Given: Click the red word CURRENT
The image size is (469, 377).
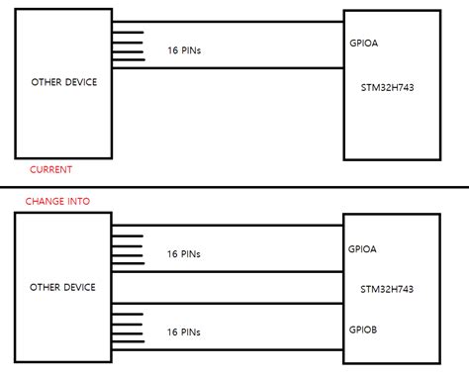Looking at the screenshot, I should pyautogui.click(x=50, y=169).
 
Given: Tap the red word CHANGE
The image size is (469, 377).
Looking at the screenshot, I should pyautogui.click(x=46, y=202).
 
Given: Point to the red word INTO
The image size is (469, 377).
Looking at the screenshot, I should pyautogui.click(x=77, y=202).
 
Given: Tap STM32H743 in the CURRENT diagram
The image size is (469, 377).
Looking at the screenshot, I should pyautogui.click(x=389, y=87).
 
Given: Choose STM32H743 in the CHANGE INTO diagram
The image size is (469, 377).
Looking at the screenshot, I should pyautogui.click(x=389, y=288).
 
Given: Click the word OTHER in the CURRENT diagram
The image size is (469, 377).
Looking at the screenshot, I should pyautogui.click(x=47, y=82).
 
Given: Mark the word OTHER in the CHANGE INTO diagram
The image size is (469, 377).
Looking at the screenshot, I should pyautogui.click(x=47, y=287).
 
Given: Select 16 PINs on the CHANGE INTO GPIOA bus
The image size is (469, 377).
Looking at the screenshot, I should pyautogui.click(x=185, y=253).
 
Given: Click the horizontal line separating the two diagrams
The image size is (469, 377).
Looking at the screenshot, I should pyautogui.click(x=234, y=187).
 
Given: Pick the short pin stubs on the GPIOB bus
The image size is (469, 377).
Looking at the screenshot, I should pyautogui.click(x=126, y=331).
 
